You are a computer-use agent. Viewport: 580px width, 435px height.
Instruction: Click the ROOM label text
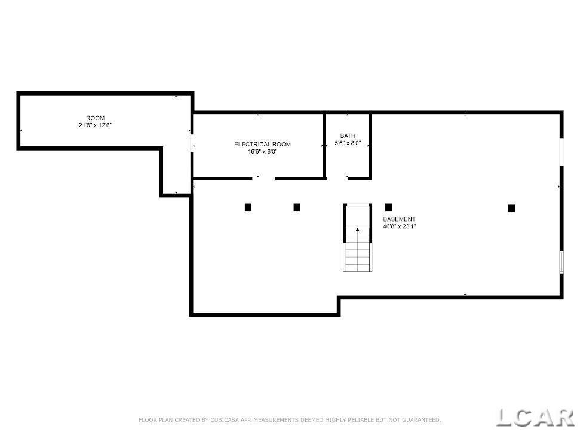(x=96, y=118)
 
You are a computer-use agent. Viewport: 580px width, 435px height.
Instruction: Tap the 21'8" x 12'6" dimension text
(x=96, y=125)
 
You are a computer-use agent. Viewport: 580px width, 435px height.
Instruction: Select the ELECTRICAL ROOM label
(x=262, y=144)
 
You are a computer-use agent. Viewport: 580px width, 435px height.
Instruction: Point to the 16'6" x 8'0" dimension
(x=262, y=152)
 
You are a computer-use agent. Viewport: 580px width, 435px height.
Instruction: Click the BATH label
(x=348, y=136)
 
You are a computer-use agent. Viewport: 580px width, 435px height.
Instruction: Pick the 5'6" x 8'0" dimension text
(x=348, y=143)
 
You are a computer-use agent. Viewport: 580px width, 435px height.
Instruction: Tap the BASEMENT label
(x=399, y=219)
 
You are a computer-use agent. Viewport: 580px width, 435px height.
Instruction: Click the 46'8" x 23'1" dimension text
(x=400, y=226)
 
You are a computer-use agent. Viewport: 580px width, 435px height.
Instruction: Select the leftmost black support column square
(x=248, y=207)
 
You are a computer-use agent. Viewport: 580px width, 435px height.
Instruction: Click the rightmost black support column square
(x=511, y=209)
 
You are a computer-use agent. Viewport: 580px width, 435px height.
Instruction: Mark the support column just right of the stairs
(x=388, y=207)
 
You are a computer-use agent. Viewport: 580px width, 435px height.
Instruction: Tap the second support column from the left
(x=297, y=207)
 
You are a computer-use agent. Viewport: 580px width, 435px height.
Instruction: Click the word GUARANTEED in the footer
(x=421, y=420)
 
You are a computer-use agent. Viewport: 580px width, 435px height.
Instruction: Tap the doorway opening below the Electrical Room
(x=263, y=178)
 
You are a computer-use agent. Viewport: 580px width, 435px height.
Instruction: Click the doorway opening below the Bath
(x=337, y=178)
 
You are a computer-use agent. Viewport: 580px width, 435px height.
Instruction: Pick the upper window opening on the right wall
(x=561, y=152)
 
